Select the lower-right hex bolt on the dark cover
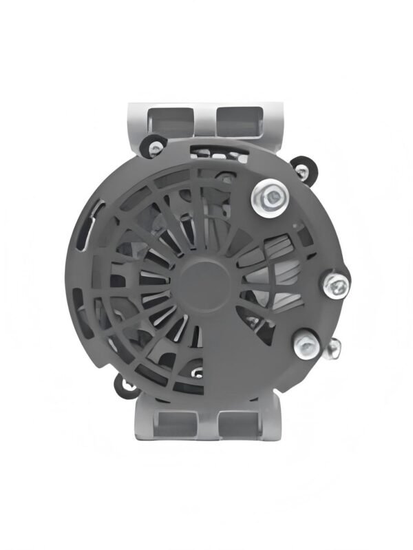point(306,345)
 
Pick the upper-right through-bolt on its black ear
point(301,166)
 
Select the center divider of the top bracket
point(204,117)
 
